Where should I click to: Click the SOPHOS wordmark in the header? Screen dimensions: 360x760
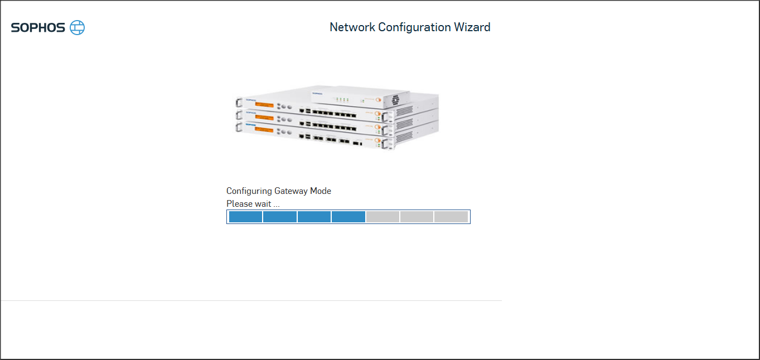point(38,27)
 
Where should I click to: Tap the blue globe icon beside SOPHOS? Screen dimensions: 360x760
point(78,27)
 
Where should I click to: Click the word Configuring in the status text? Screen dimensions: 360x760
point(249,191)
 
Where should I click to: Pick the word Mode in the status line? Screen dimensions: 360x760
point(321,191)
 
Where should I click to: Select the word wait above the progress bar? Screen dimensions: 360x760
point(263,204)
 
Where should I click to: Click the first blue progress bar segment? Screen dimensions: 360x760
point(245,217)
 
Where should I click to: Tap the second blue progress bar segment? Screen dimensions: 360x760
point(280,217)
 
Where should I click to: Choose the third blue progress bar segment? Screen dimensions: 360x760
point(314,217)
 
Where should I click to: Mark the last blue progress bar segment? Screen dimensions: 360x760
point(348,217)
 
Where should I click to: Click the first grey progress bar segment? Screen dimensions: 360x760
point(383,217)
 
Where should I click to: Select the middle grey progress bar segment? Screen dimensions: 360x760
point(417,217)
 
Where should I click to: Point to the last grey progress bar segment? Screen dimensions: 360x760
point(451,217)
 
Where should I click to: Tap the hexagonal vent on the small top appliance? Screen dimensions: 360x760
point(395,100)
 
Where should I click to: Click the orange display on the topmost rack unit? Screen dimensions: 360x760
point(264,104)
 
